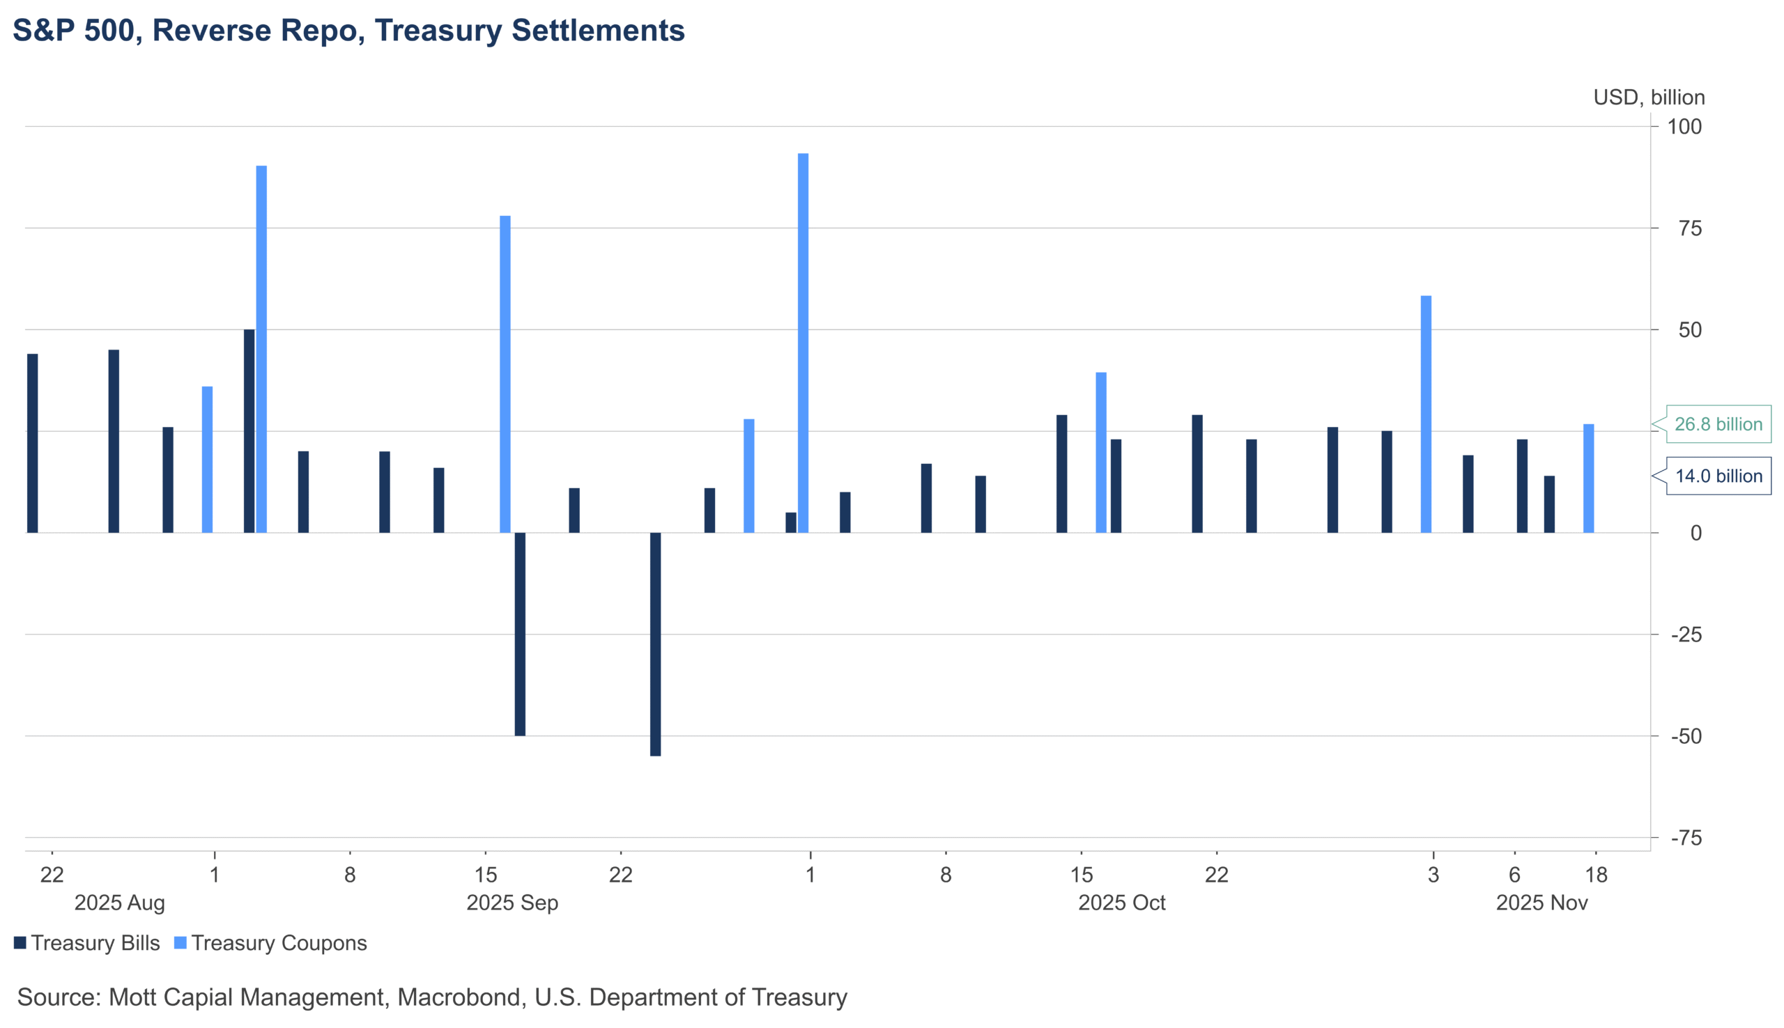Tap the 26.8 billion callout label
coord(1718,424)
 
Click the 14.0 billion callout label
coord(1718,476)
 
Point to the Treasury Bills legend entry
coord(87,943)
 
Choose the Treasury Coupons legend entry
coord(270,943)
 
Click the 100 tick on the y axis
coord(1684,127)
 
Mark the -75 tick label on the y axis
coord(1686,838)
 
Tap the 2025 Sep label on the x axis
coord(512,903)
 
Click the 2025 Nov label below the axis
coord(1541,903)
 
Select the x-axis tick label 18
coord(1596,875)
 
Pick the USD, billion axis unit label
coord(1648,98)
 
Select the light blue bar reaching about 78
coord(505,374)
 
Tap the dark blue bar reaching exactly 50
coord(249,430)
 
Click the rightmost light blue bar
coord(1588,478)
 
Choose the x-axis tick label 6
coord(1514,875)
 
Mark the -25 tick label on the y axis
coord(1686,634)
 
